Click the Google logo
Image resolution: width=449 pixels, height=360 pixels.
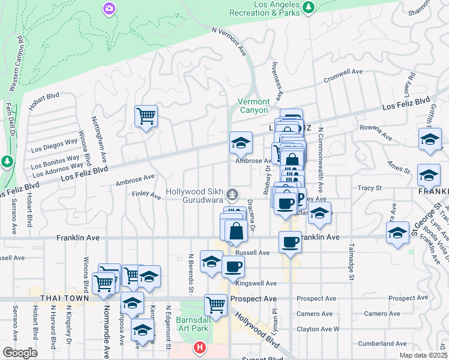(20, 353)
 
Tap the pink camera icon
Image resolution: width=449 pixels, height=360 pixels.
(109, 8)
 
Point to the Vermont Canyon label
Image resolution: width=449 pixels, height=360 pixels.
(254, 106)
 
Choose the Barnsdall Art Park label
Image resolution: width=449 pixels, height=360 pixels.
(193, 324)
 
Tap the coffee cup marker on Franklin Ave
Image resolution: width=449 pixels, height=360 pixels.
(290, 242)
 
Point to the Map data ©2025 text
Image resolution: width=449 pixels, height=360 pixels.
(424, 355)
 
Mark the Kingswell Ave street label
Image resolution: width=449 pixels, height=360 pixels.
(256, 283)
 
